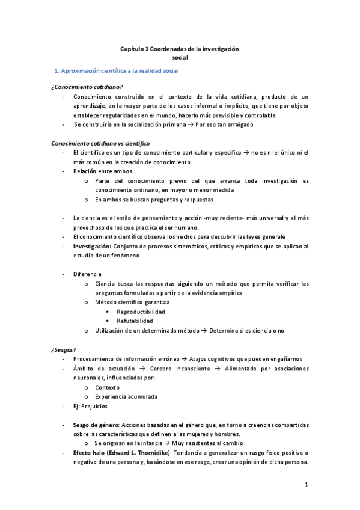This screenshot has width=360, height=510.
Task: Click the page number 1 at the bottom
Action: [306, 485]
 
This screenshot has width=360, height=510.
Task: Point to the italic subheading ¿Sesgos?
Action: [64, 349]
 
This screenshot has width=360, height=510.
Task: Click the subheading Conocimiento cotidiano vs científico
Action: [100, 143]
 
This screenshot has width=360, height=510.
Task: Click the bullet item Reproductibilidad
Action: [141, 312]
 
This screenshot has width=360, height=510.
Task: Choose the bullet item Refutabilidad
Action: [135, 321]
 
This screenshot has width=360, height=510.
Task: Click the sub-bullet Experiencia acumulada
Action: [126, 396]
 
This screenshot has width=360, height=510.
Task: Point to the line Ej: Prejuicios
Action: [90, 407]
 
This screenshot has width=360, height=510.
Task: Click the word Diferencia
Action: [87, 274]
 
